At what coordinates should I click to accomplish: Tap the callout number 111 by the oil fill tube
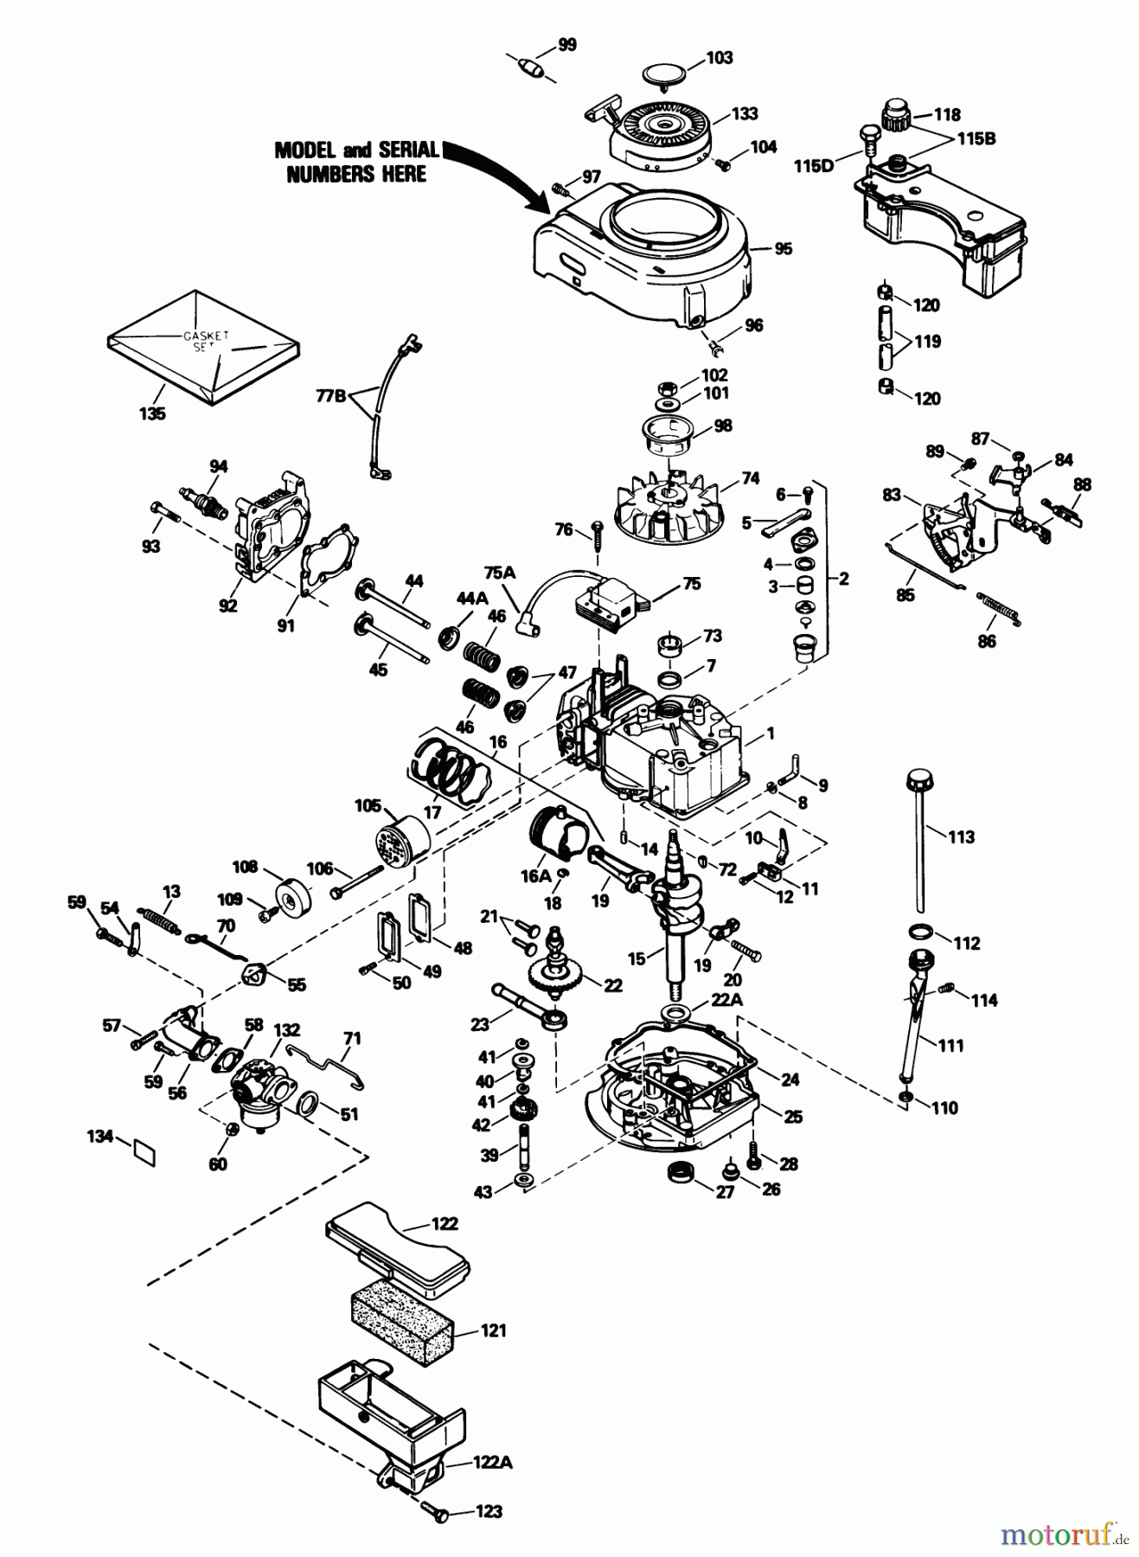coord(950,1045)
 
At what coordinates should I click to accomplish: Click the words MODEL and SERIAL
coord(357,150)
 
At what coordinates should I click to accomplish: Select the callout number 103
coord(719,58)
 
